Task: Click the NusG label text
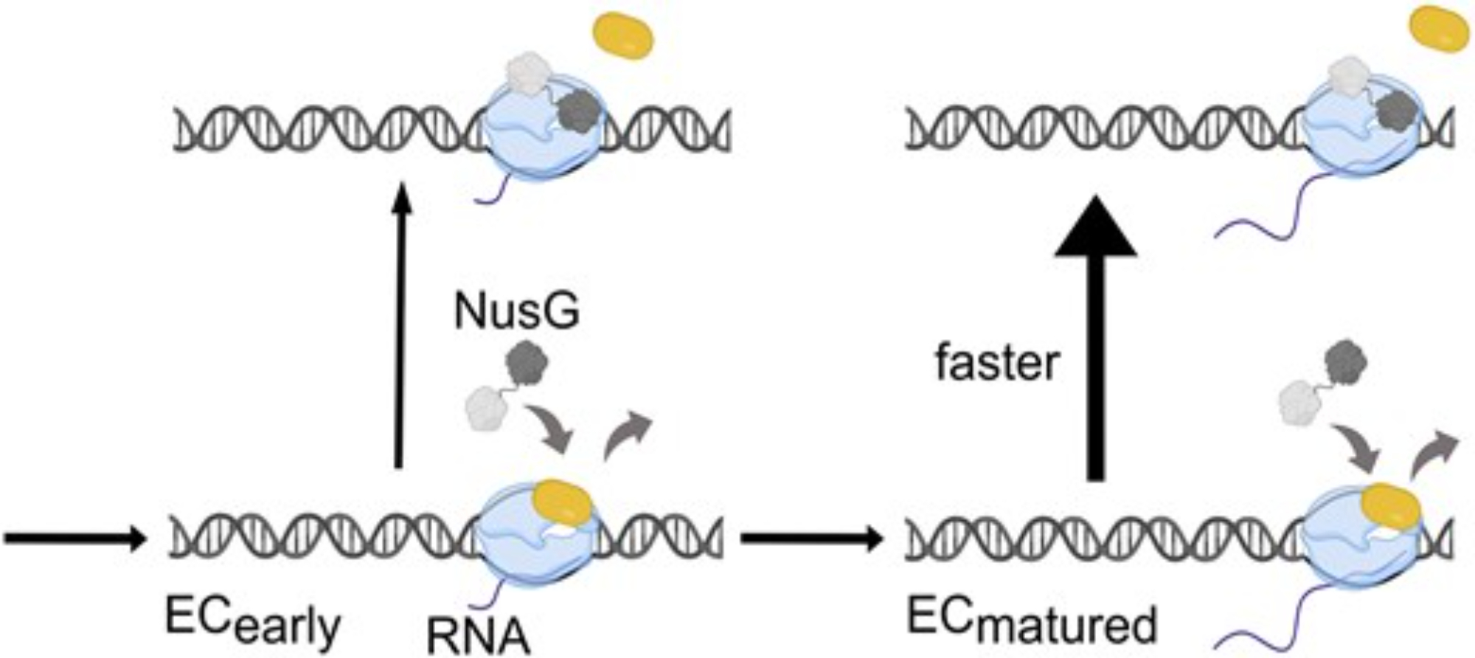516,312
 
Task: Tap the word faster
997,364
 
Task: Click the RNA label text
478,636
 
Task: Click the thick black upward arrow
1096,332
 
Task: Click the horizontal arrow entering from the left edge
74,538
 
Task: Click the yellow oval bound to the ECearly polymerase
562,502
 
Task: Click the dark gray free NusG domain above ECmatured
1346,362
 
